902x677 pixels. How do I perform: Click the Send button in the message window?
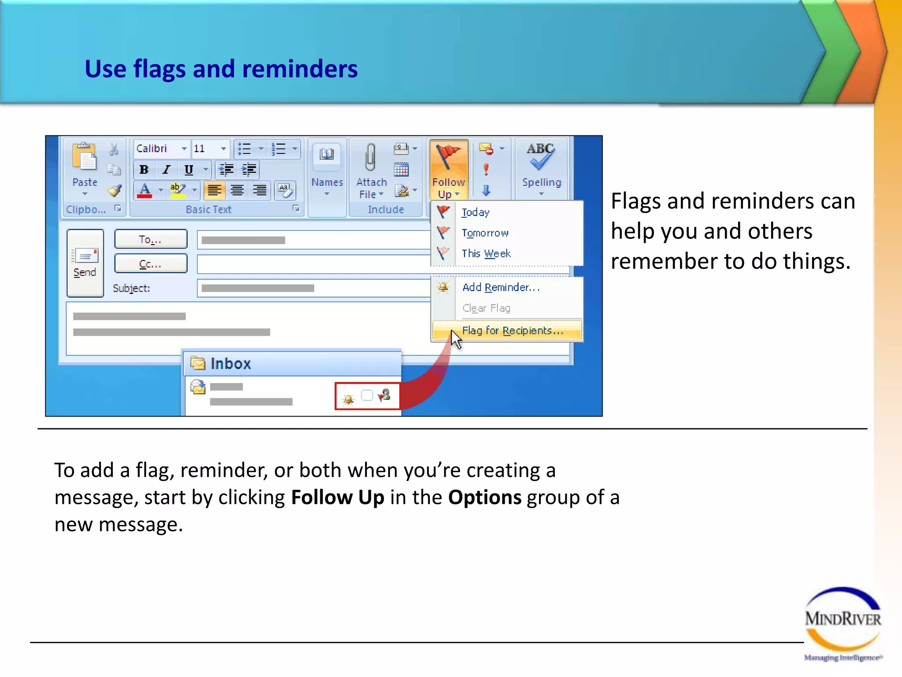[x=85, y=263]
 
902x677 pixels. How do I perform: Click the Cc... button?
[x=151, y=264]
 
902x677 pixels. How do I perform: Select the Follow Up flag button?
[x=448, y=170]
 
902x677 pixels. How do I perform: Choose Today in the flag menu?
[x=475, y=212]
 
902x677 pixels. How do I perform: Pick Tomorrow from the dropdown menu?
[x=485, y=233]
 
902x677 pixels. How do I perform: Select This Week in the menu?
[x=486, y=253]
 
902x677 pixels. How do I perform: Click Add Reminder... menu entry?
[x=501, y=287]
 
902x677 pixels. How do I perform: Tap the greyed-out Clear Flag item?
[x=486, y=308]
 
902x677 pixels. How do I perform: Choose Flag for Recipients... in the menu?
[x=512, y=331]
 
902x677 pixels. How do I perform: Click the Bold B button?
[x=144, y=170]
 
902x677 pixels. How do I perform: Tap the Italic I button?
[x=166, y=170]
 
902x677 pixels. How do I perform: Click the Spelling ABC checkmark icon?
[x=541, y=156]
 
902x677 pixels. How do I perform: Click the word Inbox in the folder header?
[x=230, y=364]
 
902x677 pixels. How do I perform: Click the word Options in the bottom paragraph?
[x=484, y=497]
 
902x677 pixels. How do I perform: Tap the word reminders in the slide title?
[x=299, y=69]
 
